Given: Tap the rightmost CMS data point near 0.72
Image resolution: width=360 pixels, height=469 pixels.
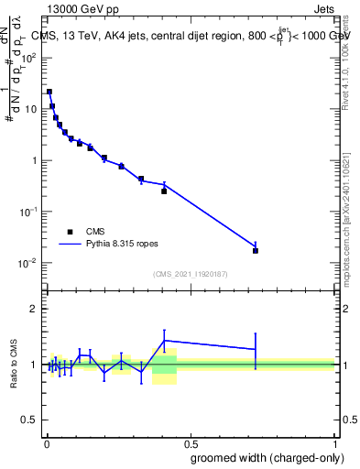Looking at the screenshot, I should tap(256, 250).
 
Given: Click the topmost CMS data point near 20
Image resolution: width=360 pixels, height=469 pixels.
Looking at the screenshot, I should tap(49, 92).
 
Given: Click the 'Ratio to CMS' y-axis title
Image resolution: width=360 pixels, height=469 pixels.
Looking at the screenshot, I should tap(14, 365).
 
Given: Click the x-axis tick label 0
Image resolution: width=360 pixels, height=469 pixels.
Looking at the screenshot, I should tap(47, 442).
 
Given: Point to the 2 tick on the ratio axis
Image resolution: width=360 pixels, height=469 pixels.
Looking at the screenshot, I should tap(34, 309).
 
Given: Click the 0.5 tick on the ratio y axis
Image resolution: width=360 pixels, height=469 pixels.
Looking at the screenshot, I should tap(30, 420).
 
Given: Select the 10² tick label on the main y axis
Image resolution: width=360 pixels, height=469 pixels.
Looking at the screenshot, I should tap(29, 57).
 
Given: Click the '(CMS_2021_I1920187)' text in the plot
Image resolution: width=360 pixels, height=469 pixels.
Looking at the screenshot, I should tap(190, 274).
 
